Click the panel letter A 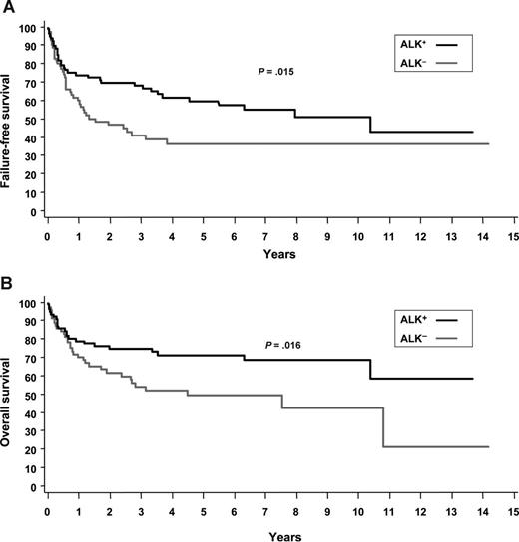coord(8,10)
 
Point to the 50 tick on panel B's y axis coord(35,395)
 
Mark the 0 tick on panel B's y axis coord(38,487)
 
